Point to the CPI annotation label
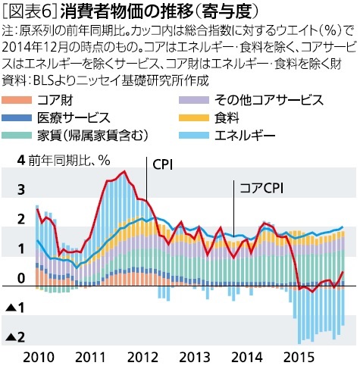(x=163, y=164)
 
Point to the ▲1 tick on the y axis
(x=16, y=308)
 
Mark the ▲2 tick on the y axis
(x=16, y=338)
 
